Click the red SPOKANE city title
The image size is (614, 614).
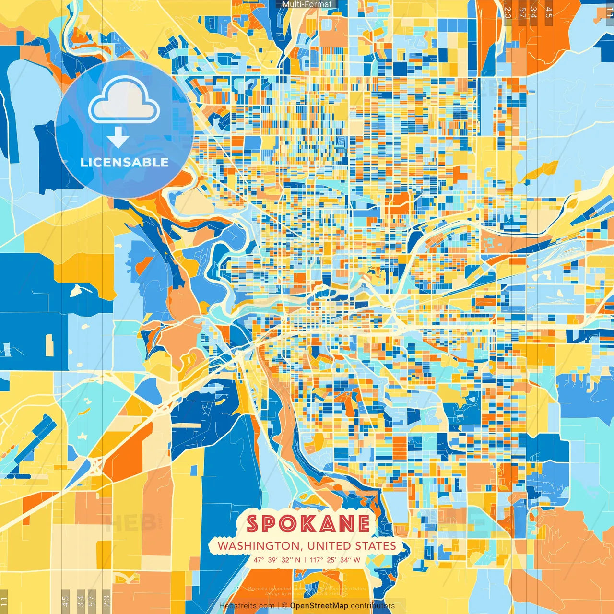pos(307,523)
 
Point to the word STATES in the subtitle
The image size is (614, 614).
pos(376,546)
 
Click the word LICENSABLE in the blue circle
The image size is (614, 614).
pos(124,162)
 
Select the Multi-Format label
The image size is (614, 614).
pos(307,4)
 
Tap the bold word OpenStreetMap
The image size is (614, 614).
pos(319,606)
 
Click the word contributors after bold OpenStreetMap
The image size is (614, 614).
pos(373,606)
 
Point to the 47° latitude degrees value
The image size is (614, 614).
pos(259,560)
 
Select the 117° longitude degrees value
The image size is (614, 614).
pos(317,560)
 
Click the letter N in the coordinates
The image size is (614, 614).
pos(298,560)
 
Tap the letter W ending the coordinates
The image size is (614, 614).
pos(357,560)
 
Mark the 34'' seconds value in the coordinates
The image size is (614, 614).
pos(345,560)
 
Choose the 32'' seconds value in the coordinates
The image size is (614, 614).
pos(287,560)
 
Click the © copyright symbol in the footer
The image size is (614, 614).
pos(284,606)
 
